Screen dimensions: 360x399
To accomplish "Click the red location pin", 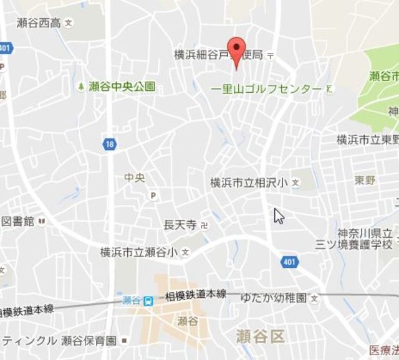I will [x=235, y=49].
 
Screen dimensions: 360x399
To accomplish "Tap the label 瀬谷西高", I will [x=39, y=23].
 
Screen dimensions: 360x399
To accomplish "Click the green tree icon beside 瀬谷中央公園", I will [x=81, y=86].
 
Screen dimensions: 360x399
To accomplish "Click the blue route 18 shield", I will [x=110, y=144].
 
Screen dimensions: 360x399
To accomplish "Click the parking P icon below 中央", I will [x=153, y=196].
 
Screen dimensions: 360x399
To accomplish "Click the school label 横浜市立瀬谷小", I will [x=139, y=252].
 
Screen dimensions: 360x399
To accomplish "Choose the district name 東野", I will [x=365, y=180].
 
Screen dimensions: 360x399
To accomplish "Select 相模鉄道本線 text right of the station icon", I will [x=195, y=294].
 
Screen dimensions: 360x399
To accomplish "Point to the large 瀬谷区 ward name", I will [x=260, y=337].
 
